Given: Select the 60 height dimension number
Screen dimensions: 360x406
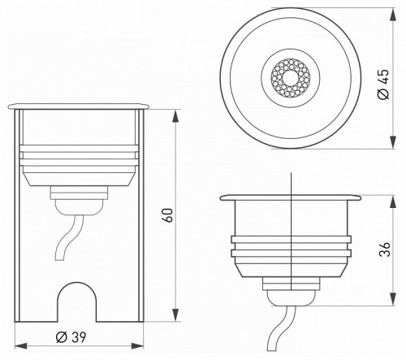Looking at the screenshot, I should pyautogui.click(x=167, y=215).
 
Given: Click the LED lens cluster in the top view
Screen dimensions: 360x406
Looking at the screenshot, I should pyautogui.click(x=290, y=78).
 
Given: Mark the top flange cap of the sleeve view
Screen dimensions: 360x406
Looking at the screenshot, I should pyautogui.click(x=79, y=106).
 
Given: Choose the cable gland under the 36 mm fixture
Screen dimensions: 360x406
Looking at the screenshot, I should pyautogui.click(x=290, y=288).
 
